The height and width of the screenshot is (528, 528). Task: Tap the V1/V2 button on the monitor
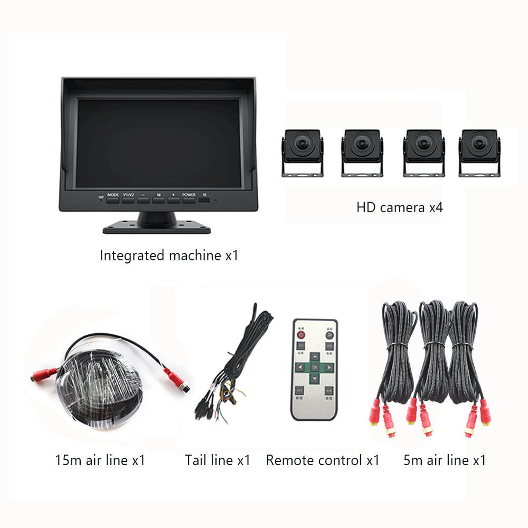pyautogui.click(x=128, y=199)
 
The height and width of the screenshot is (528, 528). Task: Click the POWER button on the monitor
pyautogui.click(x=189, y=199)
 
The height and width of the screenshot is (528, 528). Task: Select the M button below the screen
pyautogui.click(x=158, y=199)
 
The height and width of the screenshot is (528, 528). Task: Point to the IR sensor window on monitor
pyautogui.click(x=204, y=201)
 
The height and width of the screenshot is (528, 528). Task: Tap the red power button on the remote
pyautogui.click(x=301, y=334)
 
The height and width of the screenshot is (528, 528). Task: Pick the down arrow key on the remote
pyautogui.click(x=314, y=378)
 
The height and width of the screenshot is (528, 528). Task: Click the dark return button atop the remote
pyautogui.click(x=328, y=334)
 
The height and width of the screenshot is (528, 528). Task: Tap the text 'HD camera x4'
pyautogui.click(x=400, y=207)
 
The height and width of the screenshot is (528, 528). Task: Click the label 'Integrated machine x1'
pyautogui.click(x=169, y=256)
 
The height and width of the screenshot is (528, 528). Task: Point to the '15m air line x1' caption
pyautogui.click(x=100, y=460)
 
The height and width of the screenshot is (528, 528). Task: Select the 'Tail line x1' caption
pyautogui.click(x=218, y=460)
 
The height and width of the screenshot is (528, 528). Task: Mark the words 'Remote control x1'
pyautogui.click(x=323, y=460)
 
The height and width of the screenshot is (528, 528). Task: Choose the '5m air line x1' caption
pyautogui.click(x=445, y=460)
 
